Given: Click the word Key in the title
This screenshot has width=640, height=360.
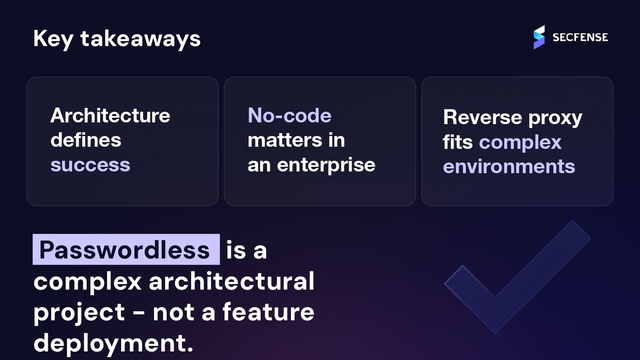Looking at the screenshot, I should [x=53, y=39].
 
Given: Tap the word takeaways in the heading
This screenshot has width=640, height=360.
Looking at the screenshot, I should [x=140, y=39].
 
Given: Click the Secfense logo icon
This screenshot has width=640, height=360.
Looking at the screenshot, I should [x=539, y=37].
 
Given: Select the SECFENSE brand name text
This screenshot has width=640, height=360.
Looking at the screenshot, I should [x=580, y=38].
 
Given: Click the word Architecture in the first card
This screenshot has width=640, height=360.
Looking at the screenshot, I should [x=110, y=116].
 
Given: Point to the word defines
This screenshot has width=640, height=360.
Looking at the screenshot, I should [x=86, y=140].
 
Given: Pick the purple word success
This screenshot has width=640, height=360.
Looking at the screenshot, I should [x=90, y=165].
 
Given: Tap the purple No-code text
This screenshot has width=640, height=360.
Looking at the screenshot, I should [x=289, y=116].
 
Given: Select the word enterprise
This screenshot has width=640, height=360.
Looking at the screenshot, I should [x=326, y=165].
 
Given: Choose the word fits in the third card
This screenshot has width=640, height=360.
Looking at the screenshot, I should [x=457, y=142].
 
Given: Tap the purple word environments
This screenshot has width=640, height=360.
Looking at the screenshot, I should [x=509, y=166].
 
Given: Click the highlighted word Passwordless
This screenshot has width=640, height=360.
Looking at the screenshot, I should [x=125, y=250].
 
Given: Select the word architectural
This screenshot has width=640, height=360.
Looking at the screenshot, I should [x=231, y=282].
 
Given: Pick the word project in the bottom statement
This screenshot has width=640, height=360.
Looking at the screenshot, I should [x=79, y=313].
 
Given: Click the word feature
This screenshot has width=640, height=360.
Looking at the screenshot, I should [x=268, y=312].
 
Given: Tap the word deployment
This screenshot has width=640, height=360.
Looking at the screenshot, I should [x=113, y=343].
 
